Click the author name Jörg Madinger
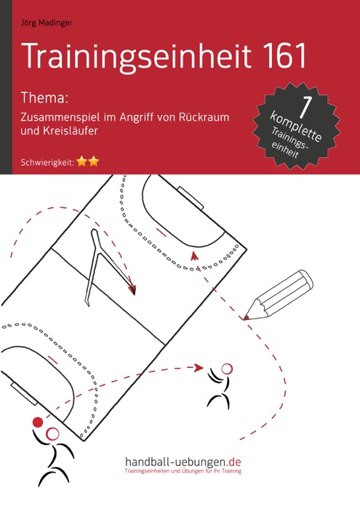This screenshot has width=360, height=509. point(47,23)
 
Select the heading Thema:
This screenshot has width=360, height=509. point(44,97)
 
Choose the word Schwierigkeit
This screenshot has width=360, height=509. point(46,163)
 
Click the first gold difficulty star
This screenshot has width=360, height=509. point(81,161)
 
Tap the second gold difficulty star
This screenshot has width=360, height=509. point(94,161)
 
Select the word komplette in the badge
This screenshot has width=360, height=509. point(296,127)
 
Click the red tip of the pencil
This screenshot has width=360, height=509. point(246,318)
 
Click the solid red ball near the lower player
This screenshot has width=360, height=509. point(38,422)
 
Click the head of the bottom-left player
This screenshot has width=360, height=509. point(52,433)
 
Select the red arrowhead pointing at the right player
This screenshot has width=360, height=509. point(199,368)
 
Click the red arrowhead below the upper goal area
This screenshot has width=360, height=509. point(194,256)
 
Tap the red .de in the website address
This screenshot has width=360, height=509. point(234,462)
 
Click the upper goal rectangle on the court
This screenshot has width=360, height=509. point(191,198)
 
